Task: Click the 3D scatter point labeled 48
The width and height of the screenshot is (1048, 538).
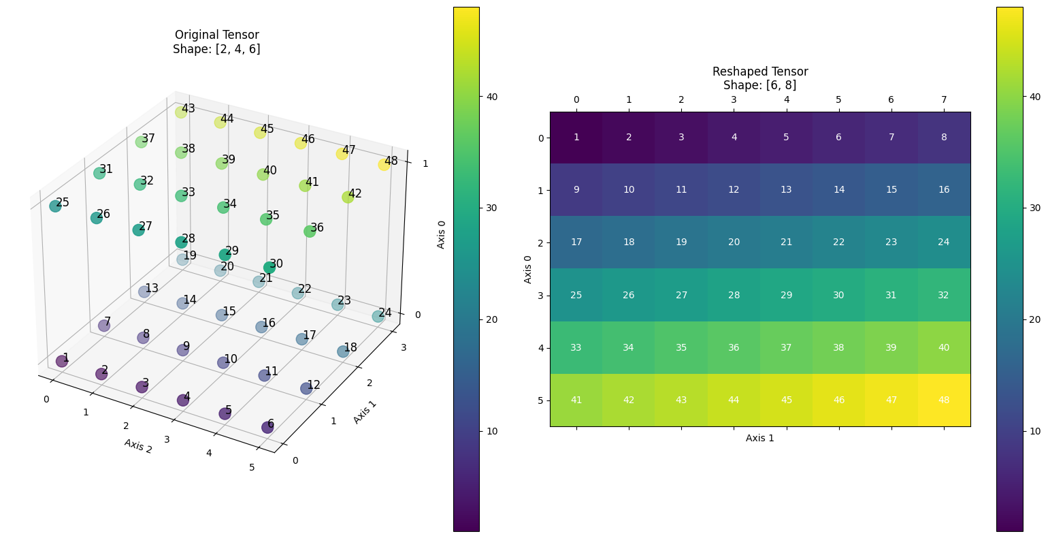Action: click(x=384, y=164)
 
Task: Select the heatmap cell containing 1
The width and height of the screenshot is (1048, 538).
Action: click(x=576, y=138)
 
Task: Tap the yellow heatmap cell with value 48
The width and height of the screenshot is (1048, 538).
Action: click(x=944, y=400)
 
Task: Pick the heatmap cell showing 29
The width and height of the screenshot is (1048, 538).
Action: click(x=786, y=295)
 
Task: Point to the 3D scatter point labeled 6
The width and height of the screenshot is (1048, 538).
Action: click(x=267, y=427)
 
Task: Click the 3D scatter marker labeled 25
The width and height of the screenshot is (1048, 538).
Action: click(x=55, y=206)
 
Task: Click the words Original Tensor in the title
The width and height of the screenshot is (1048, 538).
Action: click(x=216, y=35)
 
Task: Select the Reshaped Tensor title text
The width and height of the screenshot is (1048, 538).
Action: click(x=759, y=72)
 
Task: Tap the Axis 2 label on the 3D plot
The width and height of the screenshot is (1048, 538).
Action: click(x=137, y=445)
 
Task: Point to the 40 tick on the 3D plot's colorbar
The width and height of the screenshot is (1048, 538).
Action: click(x=491, y=97)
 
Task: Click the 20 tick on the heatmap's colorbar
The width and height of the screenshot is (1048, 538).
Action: click(x=1034, y=319)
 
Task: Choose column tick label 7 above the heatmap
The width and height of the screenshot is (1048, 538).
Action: click(x=944, y=100)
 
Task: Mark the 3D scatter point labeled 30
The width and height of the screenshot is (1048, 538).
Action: click(x=269, y=267)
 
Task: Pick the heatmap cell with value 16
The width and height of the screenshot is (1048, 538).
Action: click(x=944, y=190)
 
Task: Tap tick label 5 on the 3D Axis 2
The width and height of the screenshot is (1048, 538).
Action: click(x=252, y=466)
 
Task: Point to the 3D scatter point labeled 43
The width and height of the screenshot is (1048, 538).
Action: click(x=180, y=112)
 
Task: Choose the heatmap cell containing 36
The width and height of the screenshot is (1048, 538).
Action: click(x=734, y=347)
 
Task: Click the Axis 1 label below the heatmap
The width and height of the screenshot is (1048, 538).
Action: click(x=759, y=438)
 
